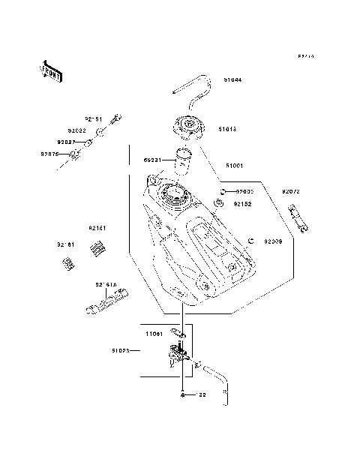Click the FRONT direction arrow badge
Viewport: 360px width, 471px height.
click(50, 70)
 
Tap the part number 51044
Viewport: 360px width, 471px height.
click(232, 79)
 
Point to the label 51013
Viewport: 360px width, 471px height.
click(228, 129)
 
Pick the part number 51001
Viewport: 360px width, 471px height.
click(233, 165)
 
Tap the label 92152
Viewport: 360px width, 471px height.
click(241, 203)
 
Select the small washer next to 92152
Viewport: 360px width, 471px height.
click(220, 202)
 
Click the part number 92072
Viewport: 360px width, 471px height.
click(291, 192)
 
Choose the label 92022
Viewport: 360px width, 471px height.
click(76, 130)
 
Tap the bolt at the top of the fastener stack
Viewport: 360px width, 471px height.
click(116, 118)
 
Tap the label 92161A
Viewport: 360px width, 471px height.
click(105, 284)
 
